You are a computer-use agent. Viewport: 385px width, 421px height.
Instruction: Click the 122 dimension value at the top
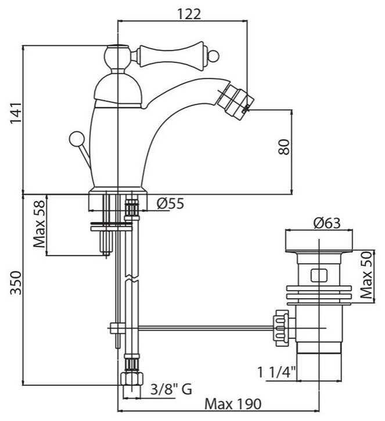(189, 14)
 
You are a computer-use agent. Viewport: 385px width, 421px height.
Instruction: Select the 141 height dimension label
(16, 113)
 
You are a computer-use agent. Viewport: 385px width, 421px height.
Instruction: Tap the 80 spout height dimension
(284, 147)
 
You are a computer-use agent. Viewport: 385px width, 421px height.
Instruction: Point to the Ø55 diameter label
(171, 204)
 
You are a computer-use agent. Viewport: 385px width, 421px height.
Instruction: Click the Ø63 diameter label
(327, 223)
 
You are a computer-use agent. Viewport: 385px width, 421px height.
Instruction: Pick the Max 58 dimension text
(39, 224)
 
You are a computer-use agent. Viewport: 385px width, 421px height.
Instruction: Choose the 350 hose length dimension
(16, 283)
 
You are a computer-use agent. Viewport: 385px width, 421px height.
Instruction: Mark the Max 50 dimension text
(366, 275)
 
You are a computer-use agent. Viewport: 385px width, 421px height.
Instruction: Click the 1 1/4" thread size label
(276, 372)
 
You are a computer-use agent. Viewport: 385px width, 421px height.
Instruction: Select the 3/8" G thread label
(171, 389)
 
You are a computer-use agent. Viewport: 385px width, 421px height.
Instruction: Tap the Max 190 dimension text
(233, 404)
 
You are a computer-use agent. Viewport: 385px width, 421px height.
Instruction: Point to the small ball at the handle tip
(214, 56)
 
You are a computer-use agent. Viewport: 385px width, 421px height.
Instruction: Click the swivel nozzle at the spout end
(235, 99)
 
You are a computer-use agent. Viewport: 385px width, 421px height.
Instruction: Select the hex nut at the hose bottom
(131, 378)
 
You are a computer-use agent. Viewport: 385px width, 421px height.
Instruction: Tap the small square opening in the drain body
(319, 275)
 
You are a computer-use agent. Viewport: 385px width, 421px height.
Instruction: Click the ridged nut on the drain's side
(281, 329)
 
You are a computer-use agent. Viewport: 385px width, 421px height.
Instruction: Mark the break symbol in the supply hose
(132, 278)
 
